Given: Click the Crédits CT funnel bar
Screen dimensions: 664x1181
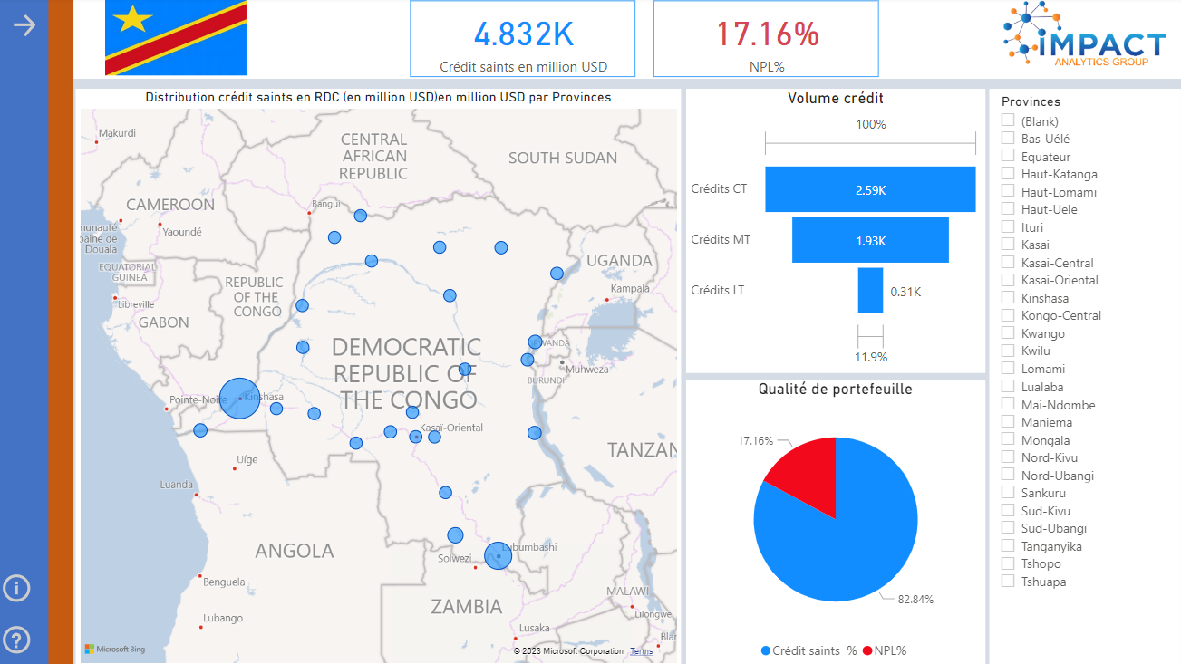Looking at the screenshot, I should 870,189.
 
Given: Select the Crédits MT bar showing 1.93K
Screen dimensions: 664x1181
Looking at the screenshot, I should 870,240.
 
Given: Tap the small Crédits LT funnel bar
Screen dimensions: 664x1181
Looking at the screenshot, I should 870,291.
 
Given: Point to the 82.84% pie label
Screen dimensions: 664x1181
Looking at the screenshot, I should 916,600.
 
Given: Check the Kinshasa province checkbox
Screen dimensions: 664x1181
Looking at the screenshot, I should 1008,298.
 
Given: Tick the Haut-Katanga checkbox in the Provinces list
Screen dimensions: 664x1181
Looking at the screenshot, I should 1008,174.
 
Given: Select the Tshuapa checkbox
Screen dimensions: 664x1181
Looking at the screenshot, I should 1008,582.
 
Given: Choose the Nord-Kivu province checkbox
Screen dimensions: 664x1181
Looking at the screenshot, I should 1008,457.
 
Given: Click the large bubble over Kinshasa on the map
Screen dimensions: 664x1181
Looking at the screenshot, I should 239,399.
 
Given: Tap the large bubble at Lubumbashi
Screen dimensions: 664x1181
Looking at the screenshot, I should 498,555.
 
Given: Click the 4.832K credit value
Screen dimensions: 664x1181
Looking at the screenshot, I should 524,34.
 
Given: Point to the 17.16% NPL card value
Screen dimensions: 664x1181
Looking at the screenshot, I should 768,34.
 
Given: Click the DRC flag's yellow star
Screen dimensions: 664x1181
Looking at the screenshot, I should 134,17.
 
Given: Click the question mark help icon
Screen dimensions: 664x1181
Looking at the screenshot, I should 16,640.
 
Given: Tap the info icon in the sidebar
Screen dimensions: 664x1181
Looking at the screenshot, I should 16,588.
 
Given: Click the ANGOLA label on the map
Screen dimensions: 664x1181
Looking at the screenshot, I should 294,551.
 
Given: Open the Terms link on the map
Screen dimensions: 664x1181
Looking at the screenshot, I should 641,651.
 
